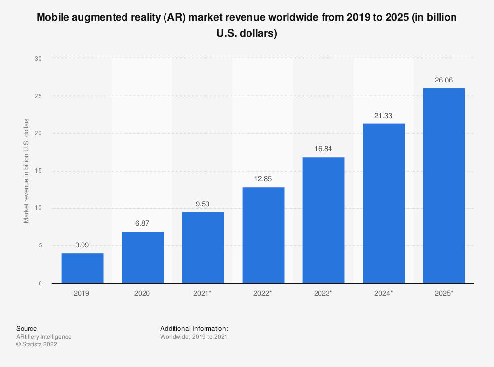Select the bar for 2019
[x=82, y=268]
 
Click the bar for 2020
[x=143, y=257]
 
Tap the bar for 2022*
[x=263, y=235]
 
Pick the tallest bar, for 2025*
[x=444, y=186]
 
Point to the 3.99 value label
[x=82, y=245]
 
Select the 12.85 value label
[x=263, y=179]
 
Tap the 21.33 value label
[x=384, y=116]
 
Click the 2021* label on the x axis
[x=203, y=293]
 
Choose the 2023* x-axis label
[x=324, y=293]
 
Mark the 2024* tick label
[x=384, y=293]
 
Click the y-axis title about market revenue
[x=26, y=171]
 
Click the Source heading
[x=26, y=328]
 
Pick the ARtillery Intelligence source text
[x=43, y=337]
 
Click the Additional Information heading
[x=194, y=328]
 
